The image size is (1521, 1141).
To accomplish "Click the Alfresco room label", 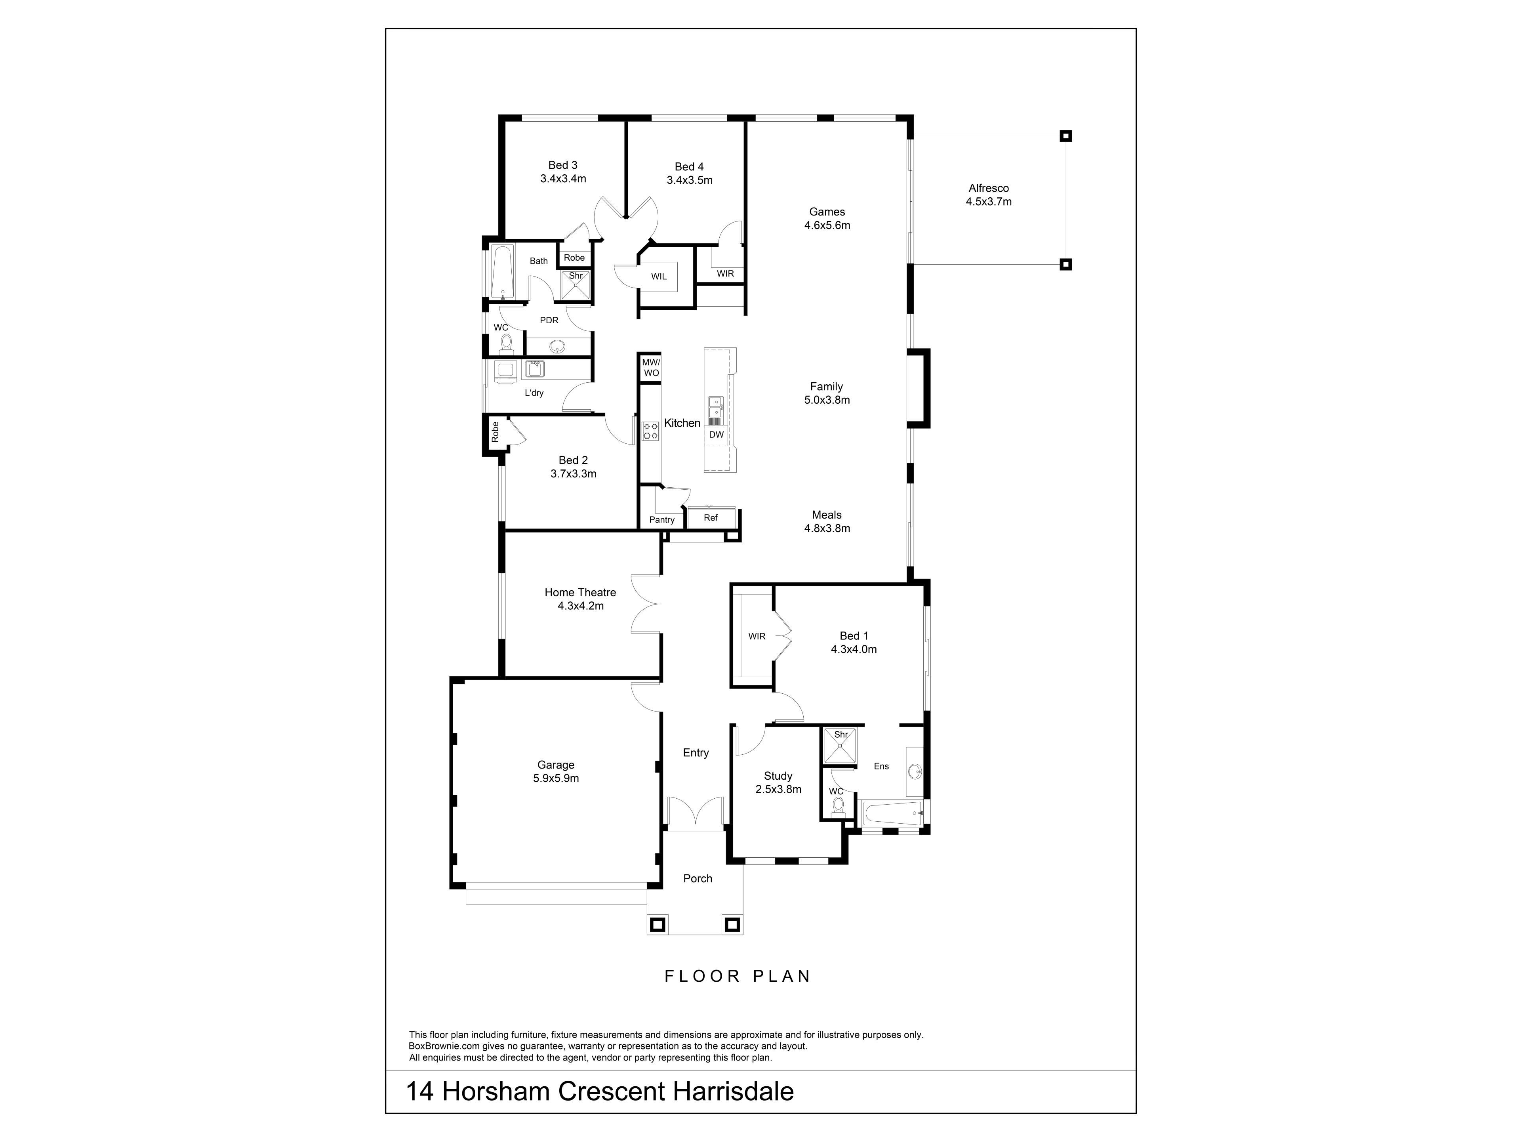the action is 988,188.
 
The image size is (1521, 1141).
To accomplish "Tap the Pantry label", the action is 661,520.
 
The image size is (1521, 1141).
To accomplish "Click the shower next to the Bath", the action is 576,285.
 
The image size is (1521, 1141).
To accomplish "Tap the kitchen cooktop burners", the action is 650,431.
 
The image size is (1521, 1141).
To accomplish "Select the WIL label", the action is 659,277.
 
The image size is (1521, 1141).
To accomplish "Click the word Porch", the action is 698,878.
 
